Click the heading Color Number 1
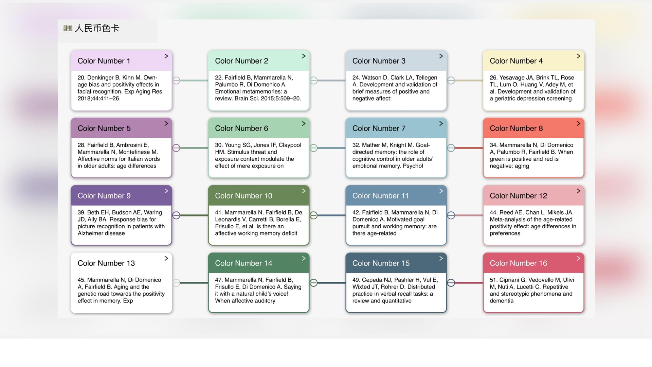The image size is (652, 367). pyautogui.click(x=104, y=61)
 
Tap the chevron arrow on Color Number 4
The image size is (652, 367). pyautogui.click(x=578, y=56)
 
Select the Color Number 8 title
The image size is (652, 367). pyautogui.click(x=516, y=128)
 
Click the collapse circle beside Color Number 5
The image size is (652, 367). pyautogui.click(x=176, y=148)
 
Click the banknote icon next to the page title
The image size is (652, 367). pyautogui.click(x=68, y=28)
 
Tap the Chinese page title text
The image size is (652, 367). pyautogui.click(x=97, y=28)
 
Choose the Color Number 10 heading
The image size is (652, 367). pyautogui.click(x=243, y=196)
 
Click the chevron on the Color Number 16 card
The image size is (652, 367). pyautogui.click(x=578, y=258)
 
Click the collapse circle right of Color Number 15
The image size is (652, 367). pyautogui.click(x=451, y=283)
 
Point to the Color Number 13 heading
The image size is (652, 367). pyautogui.click(x=106, y=263)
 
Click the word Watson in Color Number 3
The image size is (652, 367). pyautogui.click(x=372, y=77)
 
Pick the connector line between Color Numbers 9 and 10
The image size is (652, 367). pyautogui.click(x=194, y=215)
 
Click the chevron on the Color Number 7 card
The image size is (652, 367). pyautogui.click(x=441, y=123)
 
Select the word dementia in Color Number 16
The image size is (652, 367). pyautogui.click(x=502, y=301)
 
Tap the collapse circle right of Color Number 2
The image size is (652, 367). pyautogui.click(x=314, y=81)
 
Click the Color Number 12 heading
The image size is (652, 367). pyautogui.click(x=518, y=196)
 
